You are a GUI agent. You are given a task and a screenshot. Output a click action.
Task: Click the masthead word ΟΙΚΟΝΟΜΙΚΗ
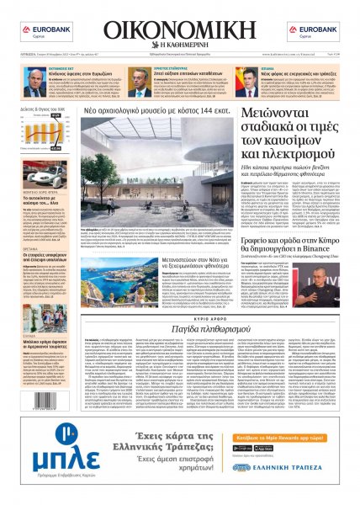(x=179, y=31)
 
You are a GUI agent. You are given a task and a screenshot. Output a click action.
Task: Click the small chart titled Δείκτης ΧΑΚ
(x=40, y=126)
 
